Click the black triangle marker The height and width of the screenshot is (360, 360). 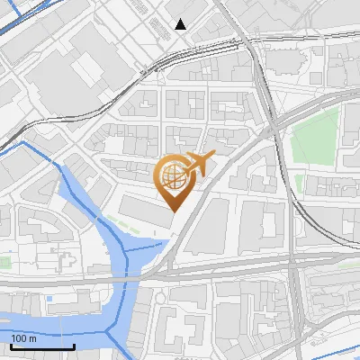(181, 24)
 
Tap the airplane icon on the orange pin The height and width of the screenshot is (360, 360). (199, 164)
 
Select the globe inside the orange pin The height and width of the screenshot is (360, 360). (174, 175)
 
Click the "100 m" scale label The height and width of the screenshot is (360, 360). (23, 338)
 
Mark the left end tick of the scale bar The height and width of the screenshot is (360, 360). (11, 346)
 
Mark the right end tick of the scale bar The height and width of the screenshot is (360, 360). (73, 346)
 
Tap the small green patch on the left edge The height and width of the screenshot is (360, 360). (4, 262)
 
